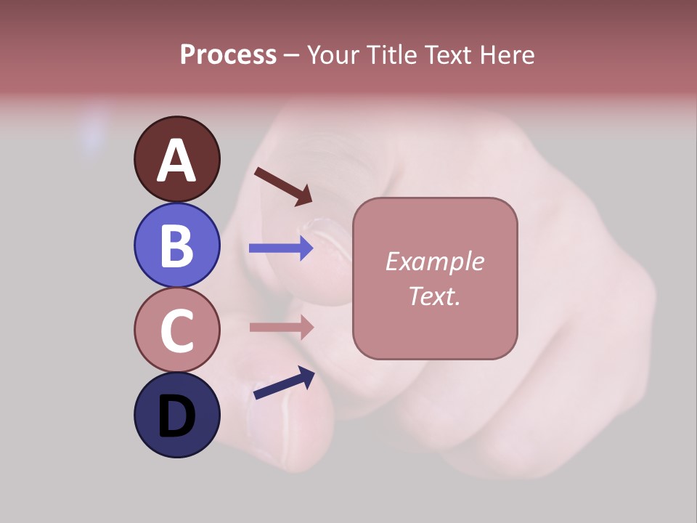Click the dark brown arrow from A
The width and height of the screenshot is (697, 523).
click(x=282, y=186)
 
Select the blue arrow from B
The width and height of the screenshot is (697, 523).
click(x=280, y=248)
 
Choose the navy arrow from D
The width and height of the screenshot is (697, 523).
click(x=284, y=383)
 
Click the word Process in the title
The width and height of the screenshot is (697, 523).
click(x=228, y=55)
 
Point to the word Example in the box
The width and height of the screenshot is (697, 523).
click(x=434, y=261)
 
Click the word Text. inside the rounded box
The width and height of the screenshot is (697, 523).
click(x=434, y=296)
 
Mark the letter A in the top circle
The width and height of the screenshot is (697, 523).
click(x=176, y=161)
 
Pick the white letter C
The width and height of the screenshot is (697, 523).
click(x=176, y=331)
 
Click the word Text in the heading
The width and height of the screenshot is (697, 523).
click(x=444, y=55)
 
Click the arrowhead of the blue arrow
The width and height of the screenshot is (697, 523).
click(x=307, y=248)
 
